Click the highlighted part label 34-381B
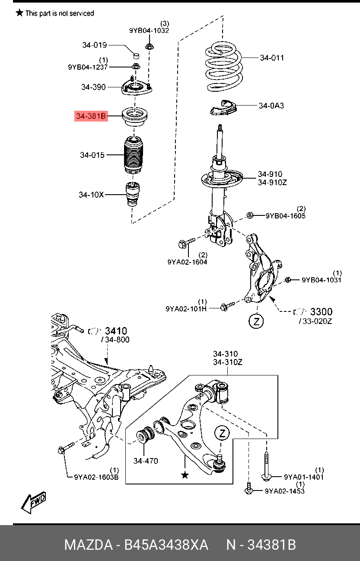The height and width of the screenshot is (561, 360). (x=91, y=116)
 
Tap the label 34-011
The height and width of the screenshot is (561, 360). (x=272, y=58)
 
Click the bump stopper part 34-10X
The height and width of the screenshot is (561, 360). (x=133, y=195)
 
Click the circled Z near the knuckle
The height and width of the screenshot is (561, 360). (x=256, y=321)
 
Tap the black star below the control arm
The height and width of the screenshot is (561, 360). (x=185, y=475)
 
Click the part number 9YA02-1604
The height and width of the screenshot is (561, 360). (x=187, y=262)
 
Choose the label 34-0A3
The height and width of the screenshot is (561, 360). (x=271, y=105)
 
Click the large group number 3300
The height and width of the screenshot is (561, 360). (x=322, y=312)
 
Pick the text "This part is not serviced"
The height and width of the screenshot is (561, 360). (x=59, y=13)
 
